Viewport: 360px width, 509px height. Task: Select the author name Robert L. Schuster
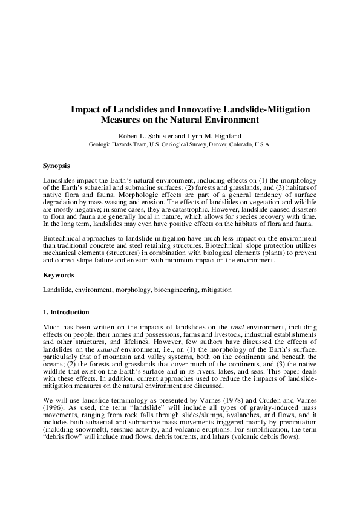click(x=145, y=135)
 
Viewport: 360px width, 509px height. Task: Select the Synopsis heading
click(x=56, y=165)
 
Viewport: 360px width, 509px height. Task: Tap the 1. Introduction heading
click(x=67, y=312)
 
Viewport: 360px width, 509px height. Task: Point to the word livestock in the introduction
click(x=226, y=334)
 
